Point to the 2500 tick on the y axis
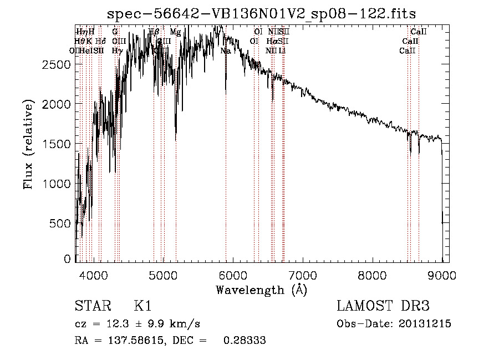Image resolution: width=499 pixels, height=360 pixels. [x=58, y=64]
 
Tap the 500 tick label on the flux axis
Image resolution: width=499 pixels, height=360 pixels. [x=62, y=223]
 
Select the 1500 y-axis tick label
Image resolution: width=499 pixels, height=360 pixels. [x=58, y=144]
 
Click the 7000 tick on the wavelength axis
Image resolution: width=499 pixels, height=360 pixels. [x=302, y=275]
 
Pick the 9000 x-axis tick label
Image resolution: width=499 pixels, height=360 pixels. [x=442, y=275]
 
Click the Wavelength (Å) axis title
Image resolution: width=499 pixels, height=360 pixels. [x=261, y=290]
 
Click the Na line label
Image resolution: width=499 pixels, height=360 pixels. [x=226, y=50]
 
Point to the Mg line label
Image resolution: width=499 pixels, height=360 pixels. [x=175, y=32]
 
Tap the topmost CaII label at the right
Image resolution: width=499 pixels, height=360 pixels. [x=418, y=32]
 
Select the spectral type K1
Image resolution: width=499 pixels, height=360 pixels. [x=142, y=307]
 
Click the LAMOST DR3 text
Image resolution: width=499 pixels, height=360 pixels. [x=383, y=307]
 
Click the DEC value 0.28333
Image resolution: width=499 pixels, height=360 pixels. [x=244, y=341]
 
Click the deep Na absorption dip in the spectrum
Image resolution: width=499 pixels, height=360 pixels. [x=226, y=89]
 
